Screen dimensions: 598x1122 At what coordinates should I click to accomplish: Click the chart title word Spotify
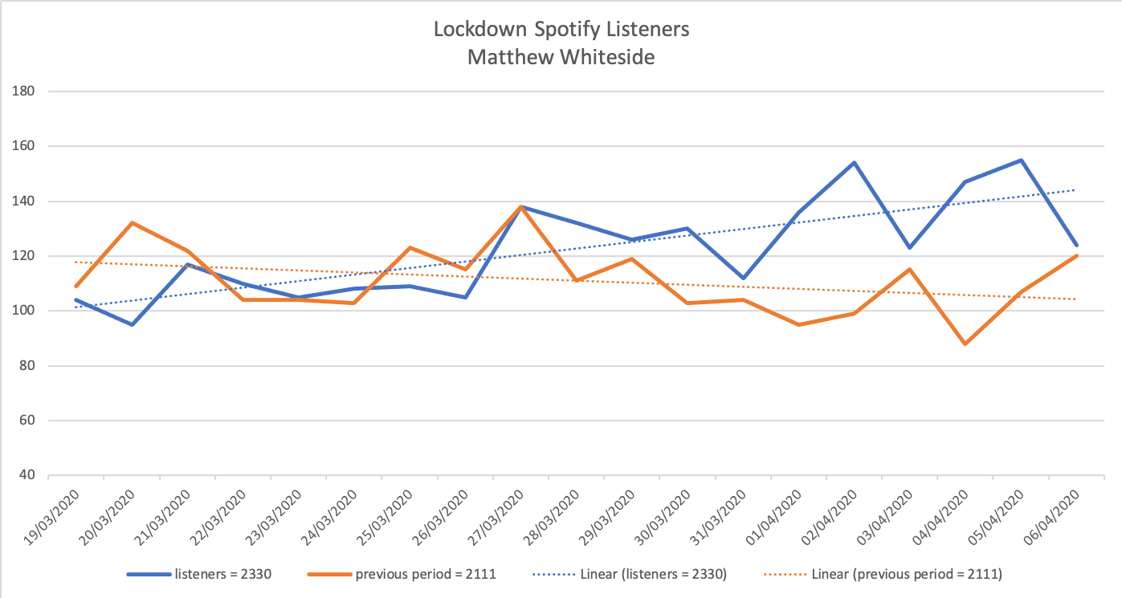573,30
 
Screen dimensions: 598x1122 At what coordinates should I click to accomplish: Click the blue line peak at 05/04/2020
1020,161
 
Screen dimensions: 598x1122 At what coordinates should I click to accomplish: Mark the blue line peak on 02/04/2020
854,163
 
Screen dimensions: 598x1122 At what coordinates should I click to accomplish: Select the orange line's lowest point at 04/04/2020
965,344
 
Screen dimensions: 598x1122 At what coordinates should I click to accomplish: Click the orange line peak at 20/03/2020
132,222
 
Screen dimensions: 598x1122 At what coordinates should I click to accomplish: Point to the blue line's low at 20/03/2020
132,324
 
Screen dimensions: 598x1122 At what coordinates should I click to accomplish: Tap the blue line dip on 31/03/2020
743,278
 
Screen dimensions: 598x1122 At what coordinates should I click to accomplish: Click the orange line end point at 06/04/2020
1076,256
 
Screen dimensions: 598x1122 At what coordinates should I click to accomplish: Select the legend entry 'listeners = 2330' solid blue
206,574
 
